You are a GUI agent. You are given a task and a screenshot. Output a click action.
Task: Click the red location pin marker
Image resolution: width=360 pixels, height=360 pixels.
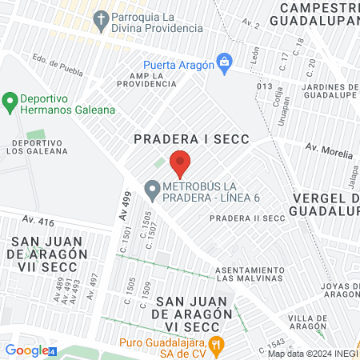[180, 162]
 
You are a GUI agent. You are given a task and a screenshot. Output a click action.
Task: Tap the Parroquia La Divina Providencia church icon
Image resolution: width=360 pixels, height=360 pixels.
[102, 18]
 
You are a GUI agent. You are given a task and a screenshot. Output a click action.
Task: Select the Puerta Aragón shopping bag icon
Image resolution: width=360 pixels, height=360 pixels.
[226, 63]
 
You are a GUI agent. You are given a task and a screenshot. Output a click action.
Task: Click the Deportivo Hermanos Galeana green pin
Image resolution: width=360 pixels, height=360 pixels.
[10, 102]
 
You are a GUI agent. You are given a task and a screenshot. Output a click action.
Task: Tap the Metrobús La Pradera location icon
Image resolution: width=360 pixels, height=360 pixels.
[152, 190]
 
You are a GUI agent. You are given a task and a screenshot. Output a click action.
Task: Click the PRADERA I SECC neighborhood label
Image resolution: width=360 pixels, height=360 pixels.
[192, 139]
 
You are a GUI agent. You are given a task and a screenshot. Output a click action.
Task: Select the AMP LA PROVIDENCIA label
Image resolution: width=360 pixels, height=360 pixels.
[147, 80]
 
